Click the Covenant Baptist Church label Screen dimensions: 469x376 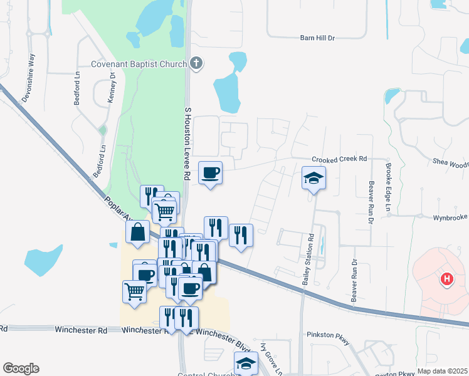click(x=139, y=64)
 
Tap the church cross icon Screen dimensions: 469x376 click(x=196, y=63)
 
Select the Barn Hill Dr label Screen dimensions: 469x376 click(x=318, y=38)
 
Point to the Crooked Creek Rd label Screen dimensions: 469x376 click(x=339, y=160)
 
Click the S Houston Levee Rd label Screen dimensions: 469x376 click(x=187, y=144)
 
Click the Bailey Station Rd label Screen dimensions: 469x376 click(x=307, y=260)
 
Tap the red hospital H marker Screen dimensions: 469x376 click(x=446, y=279)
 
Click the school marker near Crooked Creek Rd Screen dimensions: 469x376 click(x=314, y=179)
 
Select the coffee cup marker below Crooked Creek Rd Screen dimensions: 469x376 click(x=211, y=173)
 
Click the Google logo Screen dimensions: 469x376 click(x=21, y=368)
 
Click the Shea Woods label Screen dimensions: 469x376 click(x=450, y=164)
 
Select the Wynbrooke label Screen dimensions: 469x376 click(x=450, y=217)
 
